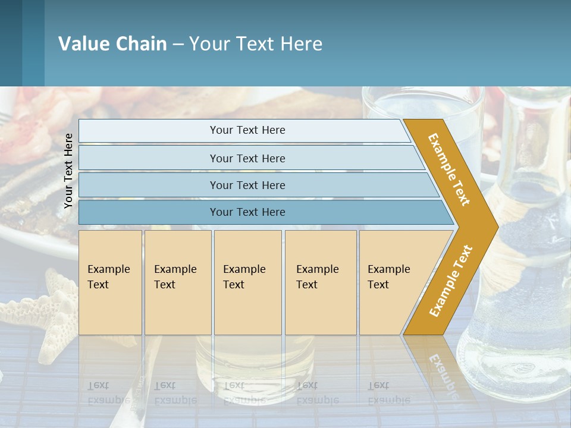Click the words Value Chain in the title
point(112,44)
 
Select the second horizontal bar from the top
point(247,158)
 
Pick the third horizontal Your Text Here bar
point(247,185)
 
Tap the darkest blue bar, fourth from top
point(247,212)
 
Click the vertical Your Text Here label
point(68,170)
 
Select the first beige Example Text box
point(110,282)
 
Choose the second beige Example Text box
point(177,282)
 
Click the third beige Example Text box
point(247,282)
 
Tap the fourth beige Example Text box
point(320,282)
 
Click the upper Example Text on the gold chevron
point(450,169)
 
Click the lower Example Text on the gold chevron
point(450,281)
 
